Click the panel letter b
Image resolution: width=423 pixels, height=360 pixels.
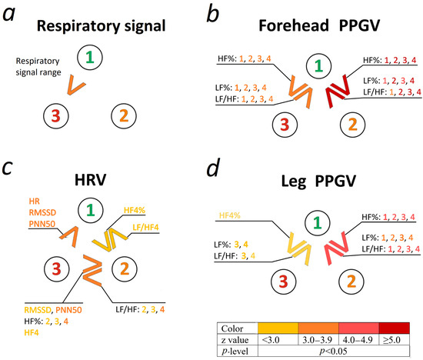tap(212, 15)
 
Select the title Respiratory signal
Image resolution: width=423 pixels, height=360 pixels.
tap(102, 26)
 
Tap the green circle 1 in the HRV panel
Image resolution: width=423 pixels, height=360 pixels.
tap(91, 210)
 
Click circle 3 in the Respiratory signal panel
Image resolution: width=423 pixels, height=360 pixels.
tap(56, 116)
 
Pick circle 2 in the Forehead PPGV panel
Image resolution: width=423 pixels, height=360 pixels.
tap(352, 125)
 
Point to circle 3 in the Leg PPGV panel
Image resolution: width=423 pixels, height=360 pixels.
tap(283, 282)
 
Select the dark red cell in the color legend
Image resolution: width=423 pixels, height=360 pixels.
tap(394, 328)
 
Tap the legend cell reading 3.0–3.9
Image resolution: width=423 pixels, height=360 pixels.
tap(318, 339)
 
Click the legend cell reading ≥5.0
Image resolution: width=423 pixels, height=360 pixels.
tap(394, 339)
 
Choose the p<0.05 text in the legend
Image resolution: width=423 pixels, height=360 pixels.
tap(333, 351)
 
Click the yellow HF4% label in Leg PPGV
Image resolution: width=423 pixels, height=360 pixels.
tap(230, 215)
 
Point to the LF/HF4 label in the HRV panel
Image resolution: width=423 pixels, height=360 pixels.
tap(145, 227)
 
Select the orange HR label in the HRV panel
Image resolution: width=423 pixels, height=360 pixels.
tap(35, 201)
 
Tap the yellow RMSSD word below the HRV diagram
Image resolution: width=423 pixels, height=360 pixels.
tap(38, 310)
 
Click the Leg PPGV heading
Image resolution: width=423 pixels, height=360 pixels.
tap(318, 182)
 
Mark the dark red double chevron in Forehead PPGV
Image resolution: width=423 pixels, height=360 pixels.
tap(338, 92)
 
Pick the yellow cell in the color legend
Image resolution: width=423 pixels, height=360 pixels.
tap(278, 328)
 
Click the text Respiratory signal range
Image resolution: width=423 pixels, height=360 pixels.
tap(38, 67)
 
